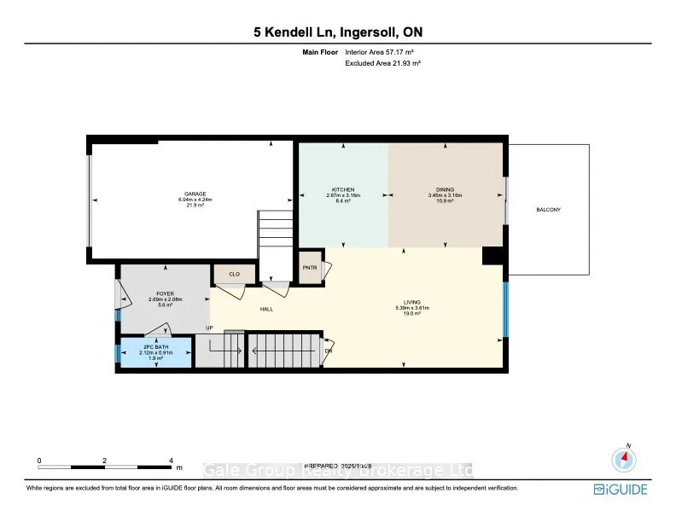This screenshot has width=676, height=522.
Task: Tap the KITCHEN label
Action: [343, 189]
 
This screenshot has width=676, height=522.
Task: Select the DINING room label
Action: [445, 189]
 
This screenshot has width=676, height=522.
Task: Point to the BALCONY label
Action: [548, 209]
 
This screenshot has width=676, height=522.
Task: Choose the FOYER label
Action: [165, 293]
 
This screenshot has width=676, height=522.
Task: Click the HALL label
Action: [266, 310]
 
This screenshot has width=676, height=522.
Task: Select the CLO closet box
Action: [228, 275]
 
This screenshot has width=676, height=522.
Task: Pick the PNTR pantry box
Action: [310, 267]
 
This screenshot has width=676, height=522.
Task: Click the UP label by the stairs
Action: [207, 328]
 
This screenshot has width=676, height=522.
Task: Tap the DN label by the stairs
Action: [329, 350]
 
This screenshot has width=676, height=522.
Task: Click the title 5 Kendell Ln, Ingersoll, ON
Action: [338, 33]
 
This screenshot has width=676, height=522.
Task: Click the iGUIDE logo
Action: [621, 490]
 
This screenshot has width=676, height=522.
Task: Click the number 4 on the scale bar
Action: [171, 460]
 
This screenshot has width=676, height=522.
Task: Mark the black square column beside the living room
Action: [492, 256]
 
